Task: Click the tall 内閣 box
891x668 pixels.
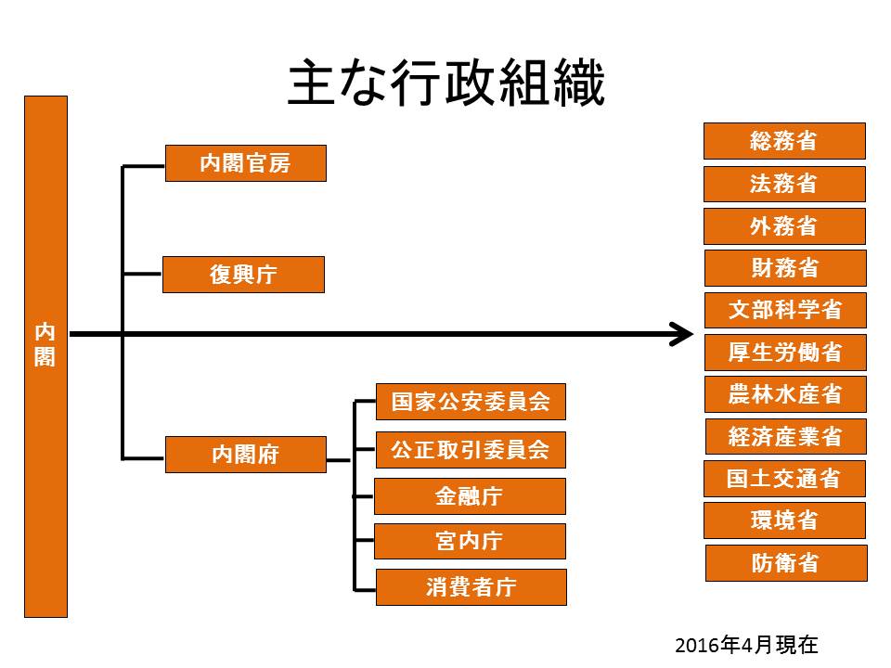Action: (45, 356)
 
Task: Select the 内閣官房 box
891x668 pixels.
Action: (245, 163)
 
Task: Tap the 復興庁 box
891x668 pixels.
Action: (243, 275)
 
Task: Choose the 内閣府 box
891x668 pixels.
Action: (245, 455)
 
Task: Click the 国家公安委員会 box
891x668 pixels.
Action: (471, 402)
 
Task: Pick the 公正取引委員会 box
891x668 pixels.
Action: (471, 450)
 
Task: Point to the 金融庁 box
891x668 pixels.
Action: (470, 495)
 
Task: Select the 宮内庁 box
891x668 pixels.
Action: (470, 541)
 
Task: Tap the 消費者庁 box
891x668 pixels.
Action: (471, 586)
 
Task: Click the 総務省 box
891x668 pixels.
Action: (784, 141)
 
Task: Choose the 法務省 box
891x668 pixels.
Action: (784, 184)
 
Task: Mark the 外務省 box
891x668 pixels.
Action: (784, 226)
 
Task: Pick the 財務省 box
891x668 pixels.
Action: (785, 268)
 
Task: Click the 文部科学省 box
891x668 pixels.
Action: (785, 310)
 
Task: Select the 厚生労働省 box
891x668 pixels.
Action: (785, 353)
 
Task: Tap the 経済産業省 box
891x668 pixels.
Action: (786, 436)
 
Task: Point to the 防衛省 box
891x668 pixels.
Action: (786, 563)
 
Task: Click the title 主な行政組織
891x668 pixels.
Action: (446, 83)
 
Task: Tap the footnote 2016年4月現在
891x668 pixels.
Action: (746, 646)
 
